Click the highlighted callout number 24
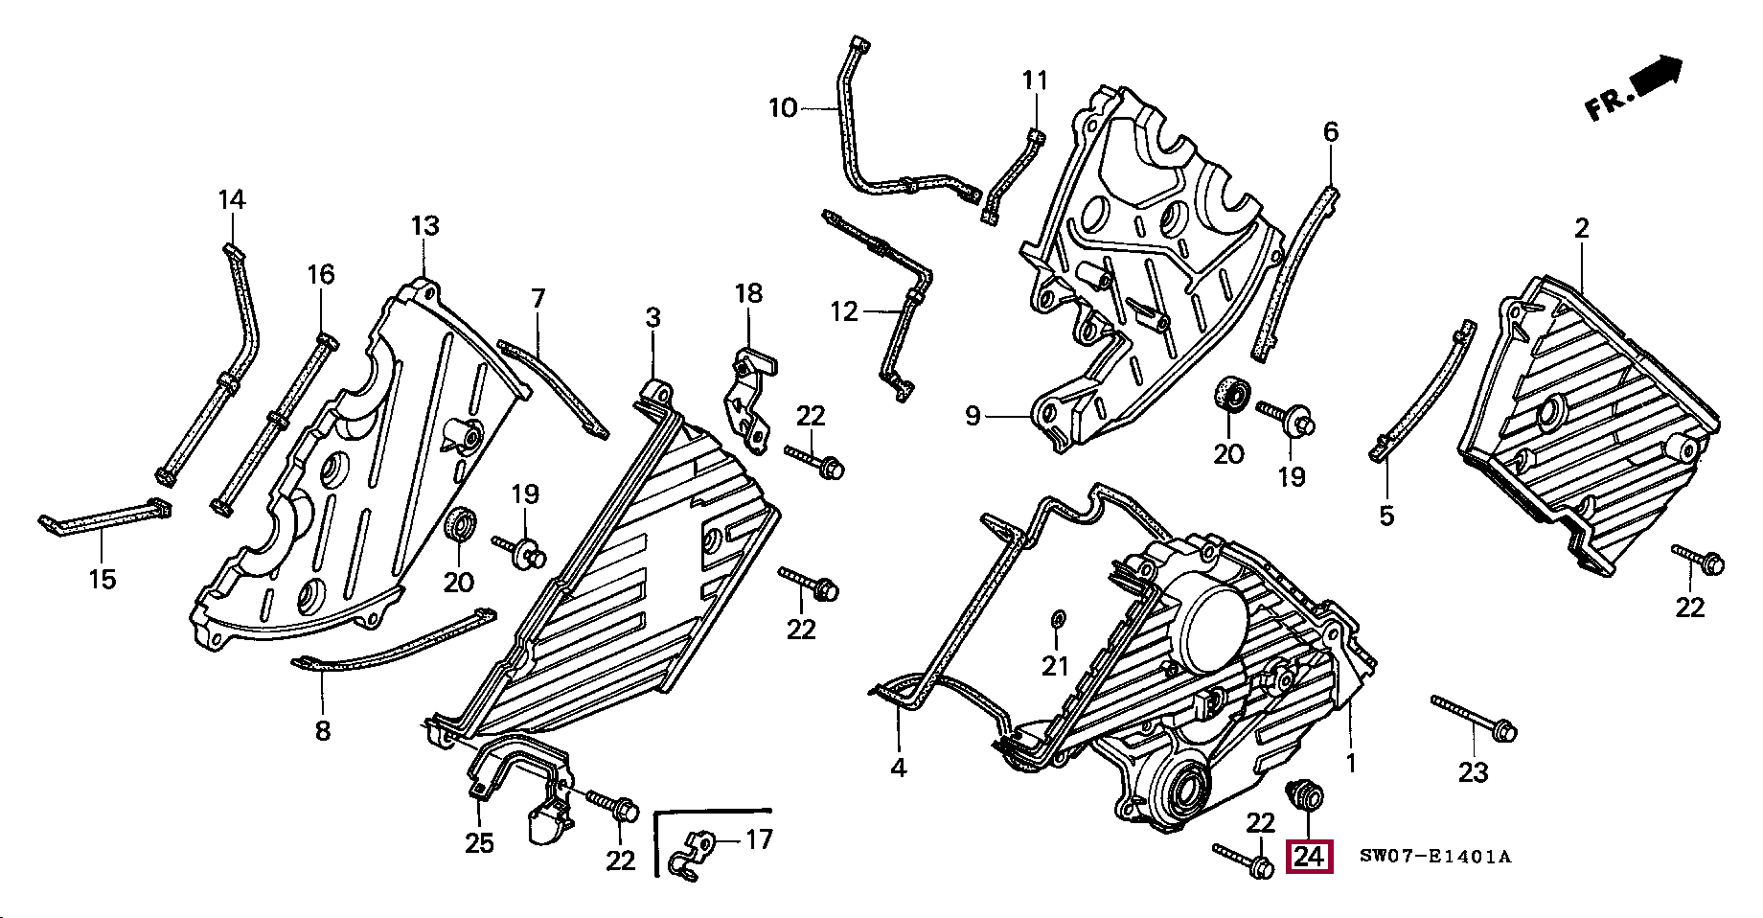click(1310, 856)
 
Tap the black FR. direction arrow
click(1659, 76)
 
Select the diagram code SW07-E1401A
click(1434, 857)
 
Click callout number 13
click(425, 226)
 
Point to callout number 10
click(783, 108)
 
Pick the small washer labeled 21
click(1057, 620)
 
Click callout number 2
click(1581, 228)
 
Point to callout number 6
click(1331, 131)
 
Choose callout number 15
click(103, 579)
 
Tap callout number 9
click(973, 416)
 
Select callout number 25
click(480, 843)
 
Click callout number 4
click(899, 768)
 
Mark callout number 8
click(323, 730)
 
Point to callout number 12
click(844, 311)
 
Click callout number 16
click(321, 275)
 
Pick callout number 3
click(653, 317)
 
